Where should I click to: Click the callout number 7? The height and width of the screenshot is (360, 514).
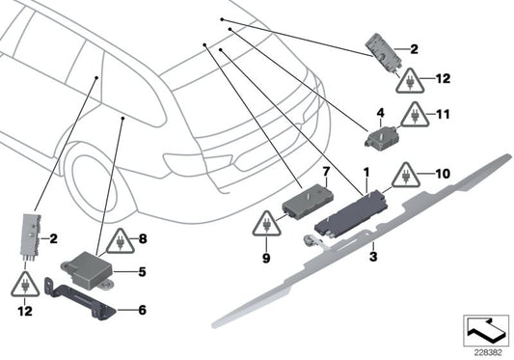(x=326, y=171)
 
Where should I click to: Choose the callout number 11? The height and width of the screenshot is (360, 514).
(x=445, y=113)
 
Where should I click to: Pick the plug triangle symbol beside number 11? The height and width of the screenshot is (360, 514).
(x=416, y=116)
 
